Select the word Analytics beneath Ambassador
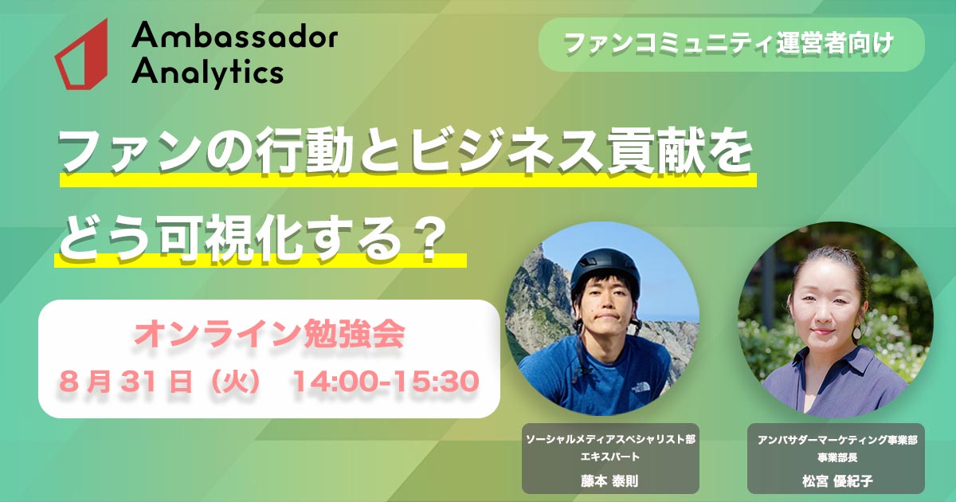[208, 72]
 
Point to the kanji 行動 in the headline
[304, 152]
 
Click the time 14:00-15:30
[386, 381]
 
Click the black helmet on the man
[605, 271]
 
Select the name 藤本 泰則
[610, 481]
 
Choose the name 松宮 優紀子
[837, 481]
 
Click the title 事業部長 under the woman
[837, 457]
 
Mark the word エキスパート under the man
[610, 457]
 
